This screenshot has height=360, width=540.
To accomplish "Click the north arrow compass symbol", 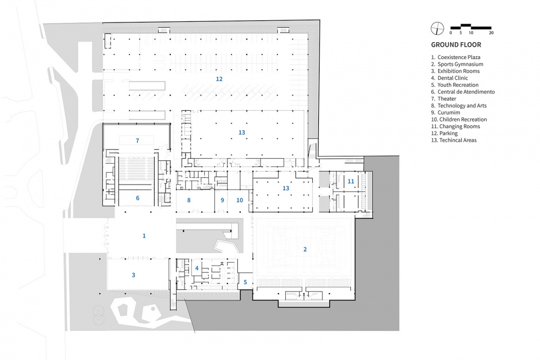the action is [x=438, y=28].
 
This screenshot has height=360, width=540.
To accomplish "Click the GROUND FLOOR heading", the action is [x=456, y=45].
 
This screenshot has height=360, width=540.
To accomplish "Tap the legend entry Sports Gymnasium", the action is [x=457, y=64].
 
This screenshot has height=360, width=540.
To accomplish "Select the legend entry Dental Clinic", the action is [x=449, y=78].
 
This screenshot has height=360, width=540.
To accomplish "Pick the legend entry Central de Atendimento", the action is [x=463, y=92].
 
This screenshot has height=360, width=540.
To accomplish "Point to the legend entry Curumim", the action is [x=445, y=112].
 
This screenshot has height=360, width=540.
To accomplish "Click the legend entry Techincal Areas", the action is [x=454, y=140].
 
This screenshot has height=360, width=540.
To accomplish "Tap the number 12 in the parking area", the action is [x=219, y=79].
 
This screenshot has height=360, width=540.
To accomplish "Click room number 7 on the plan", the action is [x=137, y=141].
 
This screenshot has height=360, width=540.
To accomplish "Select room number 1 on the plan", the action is [x=144, y=236].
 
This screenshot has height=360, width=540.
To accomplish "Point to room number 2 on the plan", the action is [x=305, y=249].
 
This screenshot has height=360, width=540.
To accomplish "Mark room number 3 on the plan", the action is [x=133, y=275].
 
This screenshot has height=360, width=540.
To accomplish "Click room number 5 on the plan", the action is [x=245, y=282].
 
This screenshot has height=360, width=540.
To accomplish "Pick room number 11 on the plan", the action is [x=350, y=181].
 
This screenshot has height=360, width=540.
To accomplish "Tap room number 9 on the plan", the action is [x=222, y=200].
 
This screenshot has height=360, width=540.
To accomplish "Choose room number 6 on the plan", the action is [x=137, y=198].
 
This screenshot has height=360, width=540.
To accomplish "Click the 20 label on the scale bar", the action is [x=491, y=33].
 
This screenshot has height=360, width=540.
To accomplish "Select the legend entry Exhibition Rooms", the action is [x=455, y=71].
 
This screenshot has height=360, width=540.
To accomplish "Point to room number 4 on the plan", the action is [x=197, y=268].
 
